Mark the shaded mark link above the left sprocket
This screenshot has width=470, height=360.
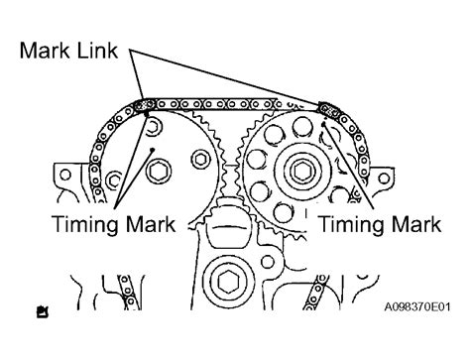click(145, 104)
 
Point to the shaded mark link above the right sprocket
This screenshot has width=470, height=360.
click(328, 107)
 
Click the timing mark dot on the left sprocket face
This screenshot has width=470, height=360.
click(151, 149)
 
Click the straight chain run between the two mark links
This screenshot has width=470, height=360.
click(236, 103)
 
